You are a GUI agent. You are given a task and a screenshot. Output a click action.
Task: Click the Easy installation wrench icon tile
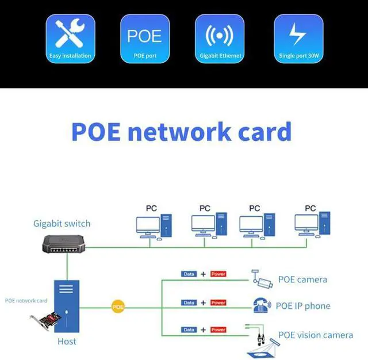(x=70, y=39)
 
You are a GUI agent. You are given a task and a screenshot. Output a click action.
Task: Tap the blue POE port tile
(x=144, y=39)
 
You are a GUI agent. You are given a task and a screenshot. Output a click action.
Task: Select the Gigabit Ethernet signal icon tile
(x=219, y=39)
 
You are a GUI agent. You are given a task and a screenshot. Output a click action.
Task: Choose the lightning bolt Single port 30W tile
(x=298, y=39)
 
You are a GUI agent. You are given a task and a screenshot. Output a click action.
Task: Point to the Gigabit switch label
(x=62, y=224)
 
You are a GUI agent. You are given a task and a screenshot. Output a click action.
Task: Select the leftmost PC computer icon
(x=153, y=226)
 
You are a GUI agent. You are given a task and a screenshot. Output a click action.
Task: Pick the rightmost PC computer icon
(x=313, y=226)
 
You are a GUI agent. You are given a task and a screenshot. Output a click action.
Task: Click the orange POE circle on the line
(x=118, y=308)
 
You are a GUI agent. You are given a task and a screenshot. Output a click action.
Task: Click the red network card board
(x=45, y=322)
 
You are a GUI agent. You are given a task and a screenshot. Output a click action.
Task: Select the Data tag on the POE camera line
(x=189, y=274)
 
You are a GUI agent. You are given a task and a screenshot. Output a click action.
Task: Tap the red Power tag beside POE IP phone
(x=218, y=302)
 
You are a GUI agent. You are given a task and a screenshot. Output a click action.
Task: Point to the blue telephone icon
(x=262, y=305)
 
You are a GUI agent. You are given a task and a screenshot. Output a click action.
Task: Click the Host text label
(x=67, y=342)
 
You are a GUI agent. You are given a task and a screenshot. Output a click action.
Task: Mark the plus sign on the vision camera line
(x=203, y=330)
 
